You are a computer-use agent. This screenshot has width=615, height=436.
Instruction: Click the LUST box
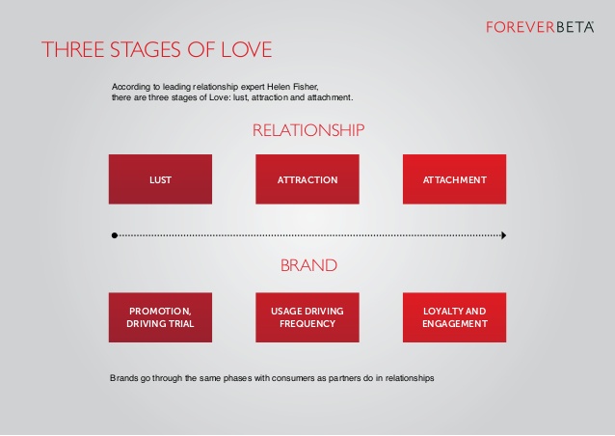(x=160, y=179)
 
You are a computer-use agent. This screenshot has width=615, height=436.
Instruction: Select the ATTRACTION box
(x=307, y=179)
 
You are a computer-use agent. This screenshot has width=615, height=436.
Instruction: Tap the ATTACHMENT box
(x=455, y=179)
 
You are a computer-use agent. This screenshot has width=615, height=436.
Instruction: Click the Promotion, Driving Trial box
(x=160, y=317)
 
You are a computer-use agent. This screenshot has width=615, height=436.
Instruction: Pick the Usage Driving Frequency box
(x=307, y=317)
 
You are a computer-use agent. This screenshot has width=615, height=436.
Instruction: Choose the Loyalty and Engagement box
(x=455, y=317)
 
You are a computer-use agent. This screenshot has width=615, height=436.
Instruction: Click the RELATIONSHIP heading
(x=308, y=130)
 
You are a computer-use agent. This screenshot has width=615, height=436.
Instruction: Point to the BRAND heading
(x=308, y=265)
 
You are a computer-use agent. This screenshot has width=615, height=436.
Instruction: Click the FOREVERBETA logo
(x=540, y=27)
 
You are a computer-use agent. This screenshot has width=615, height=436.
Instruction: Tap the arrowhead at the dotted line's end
(x=504, y=235)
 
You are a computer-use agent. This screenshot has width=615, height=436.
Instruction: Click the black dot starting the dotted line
(x=115, y=235)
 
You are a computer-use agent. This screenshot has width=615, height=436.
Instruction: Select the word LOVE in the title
(x=247, y=49)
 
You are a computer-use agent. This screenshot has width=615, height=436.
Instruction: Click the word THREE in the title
(x=73, y=49)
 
